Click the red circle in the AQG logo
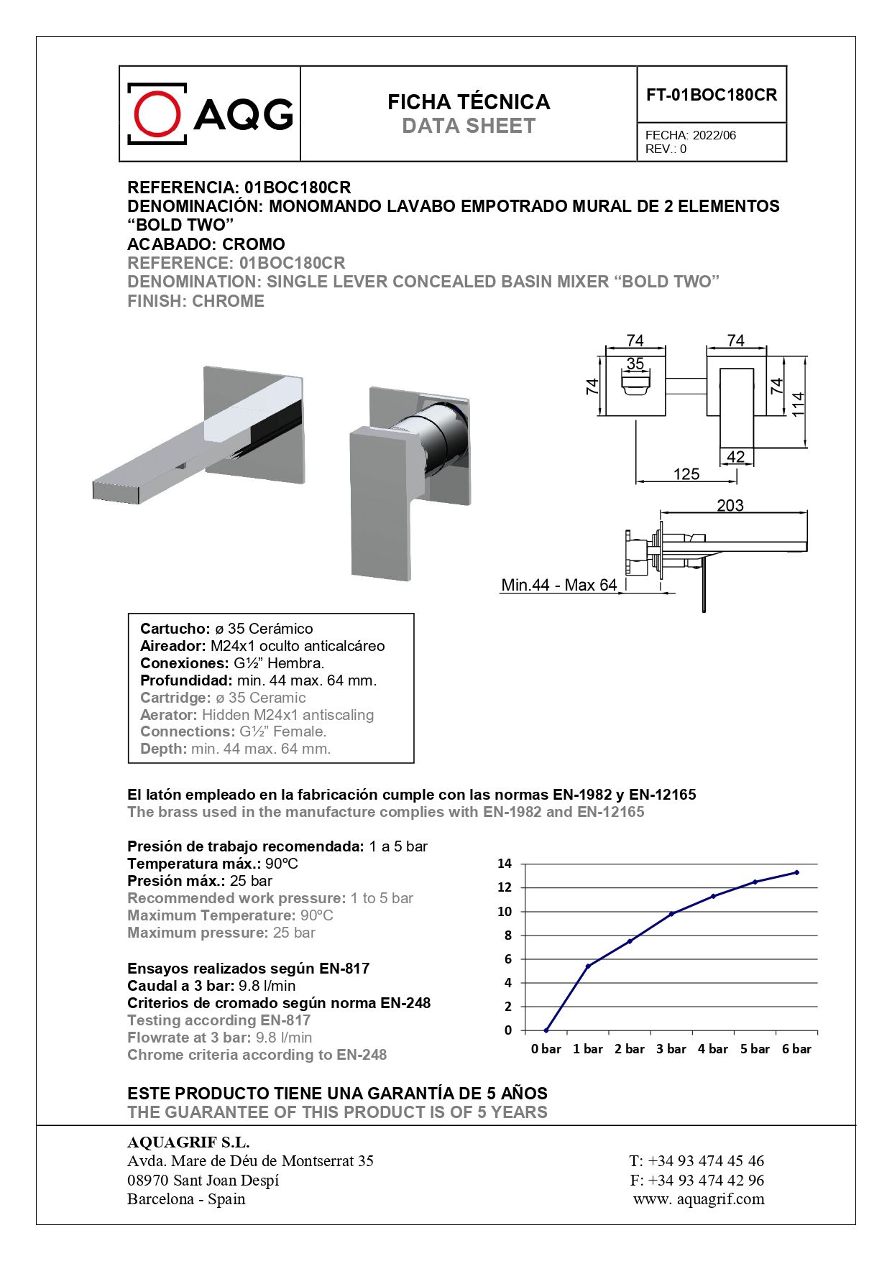[x=157, y=114]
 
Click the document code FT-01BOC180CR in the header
[x=711, y=95]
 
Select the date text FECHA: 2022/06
[x=690, y=135]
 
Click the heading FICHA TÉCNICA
[x=469, y=102]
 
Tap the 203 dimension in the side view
[x=730, y=505]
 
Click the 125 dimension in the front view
[x=686, y=474]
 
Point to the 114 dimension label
[x=798, y=403]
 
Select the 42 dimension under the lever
[x=735, y=456]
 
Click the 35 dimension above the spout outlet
[x=635, y=364]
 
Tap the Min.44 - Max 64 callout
[x=558, y=585]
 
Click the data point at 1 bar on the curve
[x=588, y=966]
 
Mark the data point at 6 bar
[x=796, y=872]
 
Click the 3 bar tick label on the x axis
[x=671, y=1049]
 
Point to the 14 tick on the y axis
[x=505, y=864]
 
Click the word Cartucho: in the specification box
[x=175, y=629]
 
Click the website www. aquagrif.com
[x=699, y=1198]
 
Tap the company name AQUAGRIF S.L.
[x=188, y=1142]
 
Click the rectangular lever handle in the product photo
[x=382, y=503]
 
